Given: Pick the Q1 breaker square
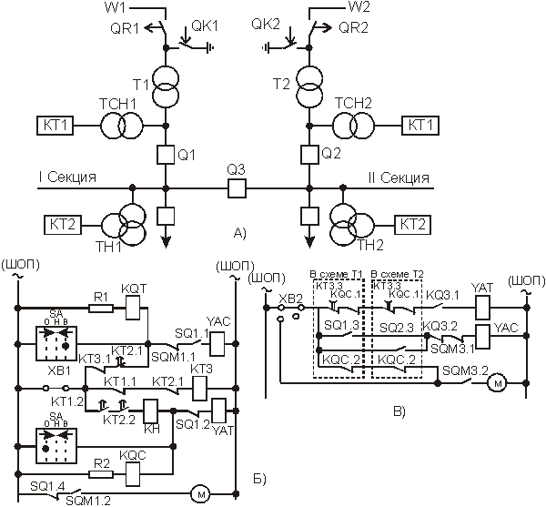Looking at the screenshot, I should [166, 153].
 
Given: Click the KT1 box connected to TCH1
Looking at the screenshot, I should [54, 125].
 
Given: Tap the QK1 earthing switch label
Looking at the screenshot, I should [207, 26].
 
